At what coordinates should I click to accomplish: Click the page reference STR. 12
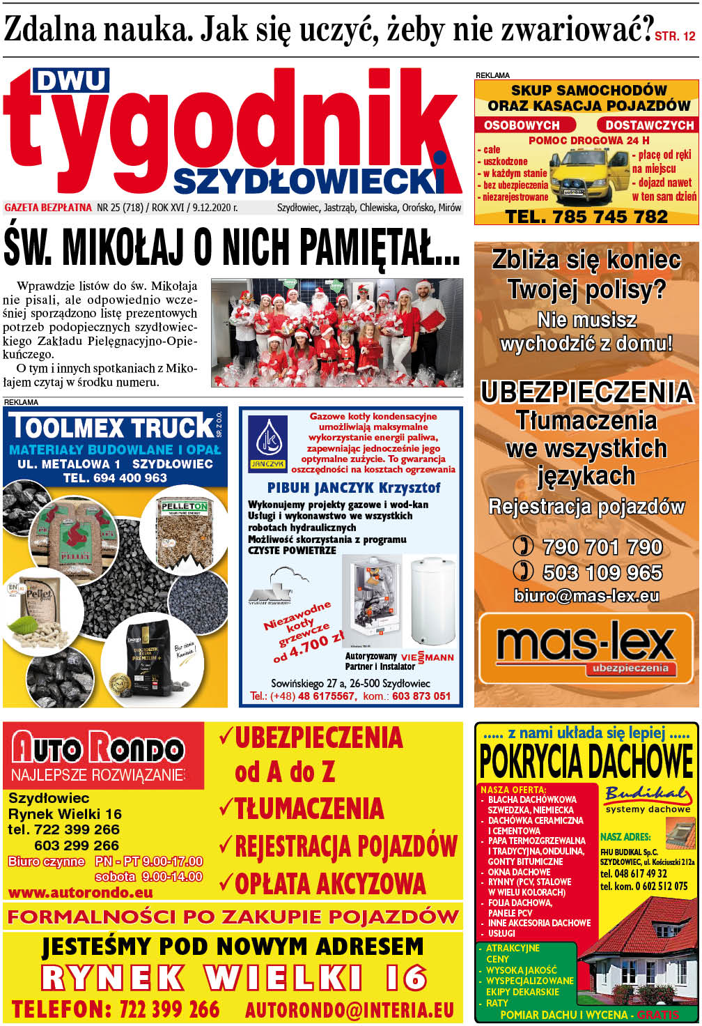(675, 37)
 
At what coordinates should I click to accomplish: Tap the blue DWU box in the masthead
(71, 82)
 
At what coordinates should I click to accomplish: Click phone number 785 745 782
(586, 217)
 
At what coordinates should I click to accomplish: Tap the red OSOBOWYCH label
(522, 125)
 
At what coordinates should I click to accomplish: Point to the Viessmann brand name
(427, 657)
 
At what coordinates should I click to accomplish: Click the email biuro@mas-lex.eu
(586, 596)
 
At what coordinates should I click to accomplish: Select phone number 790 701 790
(602, 547)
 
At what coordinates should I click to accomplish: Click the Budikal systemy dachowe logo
(648, 799)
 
